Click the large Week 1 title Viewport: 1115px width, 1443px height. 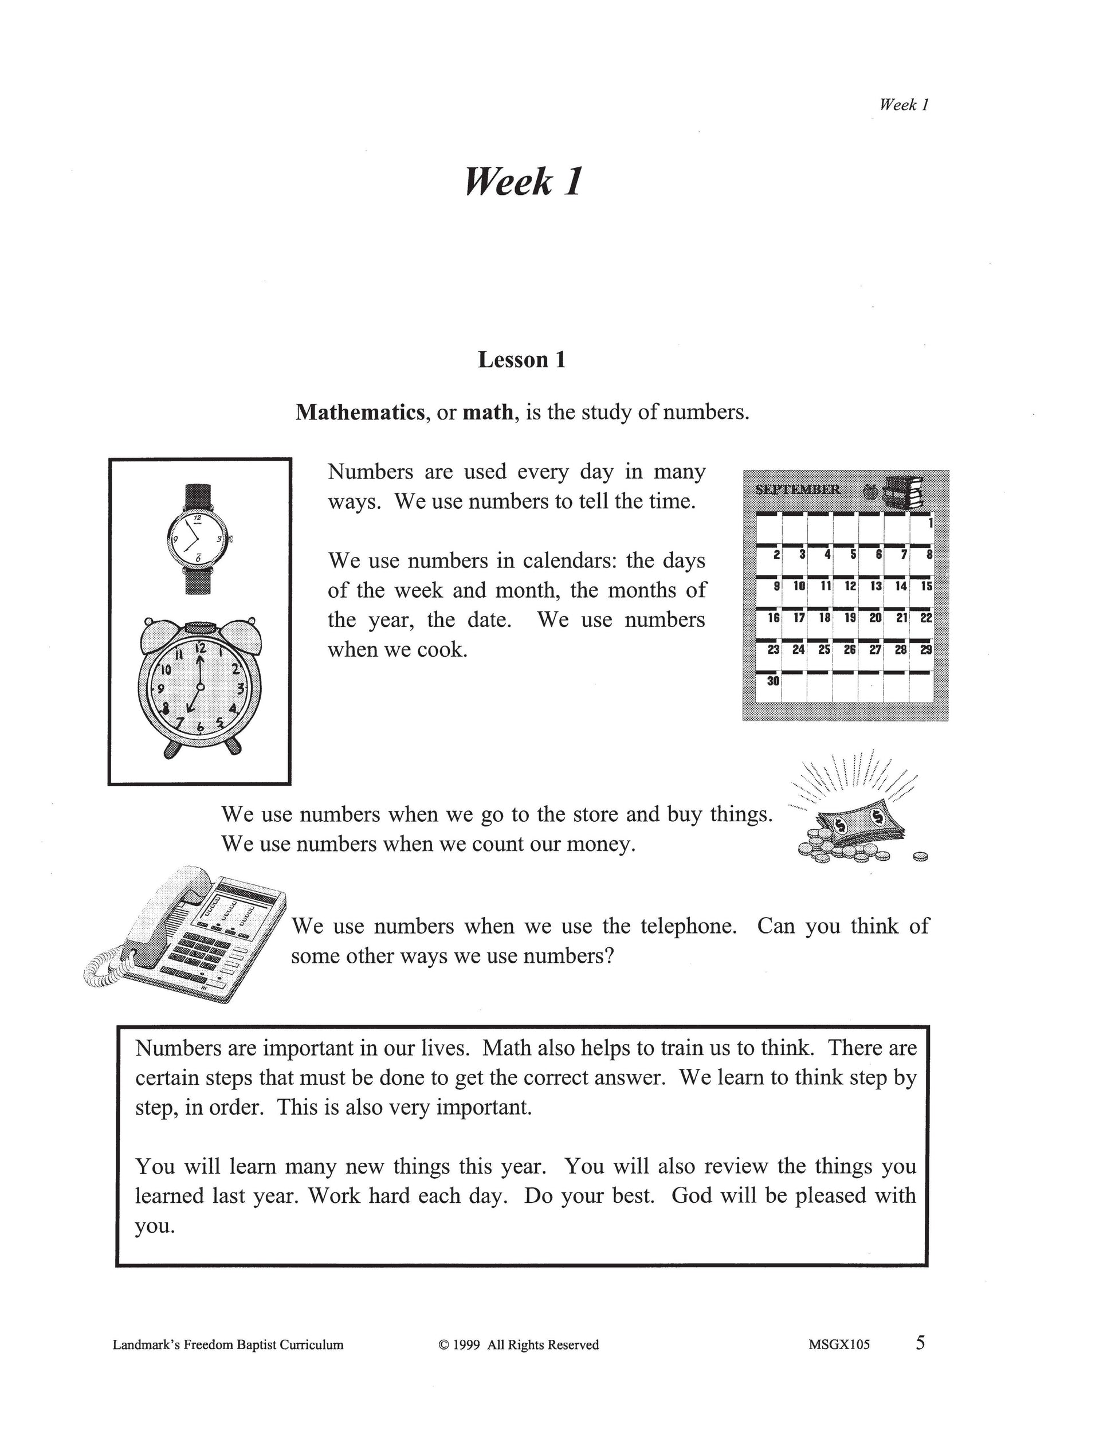[x=523, y=182]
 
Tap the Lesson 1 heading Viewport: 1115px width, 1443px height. [x=522, y=360]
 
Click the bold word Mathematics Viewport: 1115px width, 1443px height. [x=359, y=412]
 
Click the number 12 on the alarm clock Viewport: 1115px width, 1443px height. [x=199, y=647]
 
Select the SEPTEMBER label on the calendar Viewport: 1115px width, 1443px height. [x=797, y=489]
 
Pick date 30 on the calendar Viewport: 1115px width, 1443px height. [x=773, y=680]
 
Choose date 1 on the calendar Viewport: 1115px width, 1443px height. [x=929, y=523]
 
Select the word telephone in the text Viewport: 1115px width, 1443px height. [x=688, y=926]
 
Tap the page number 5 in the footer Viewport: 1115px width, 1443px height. [x=920, y=1343]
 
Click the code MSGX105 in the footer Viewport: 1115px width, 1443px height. [x=839, y=1344]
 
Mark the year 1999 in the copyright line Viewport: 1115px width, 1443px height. [x=467, y=1344]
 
